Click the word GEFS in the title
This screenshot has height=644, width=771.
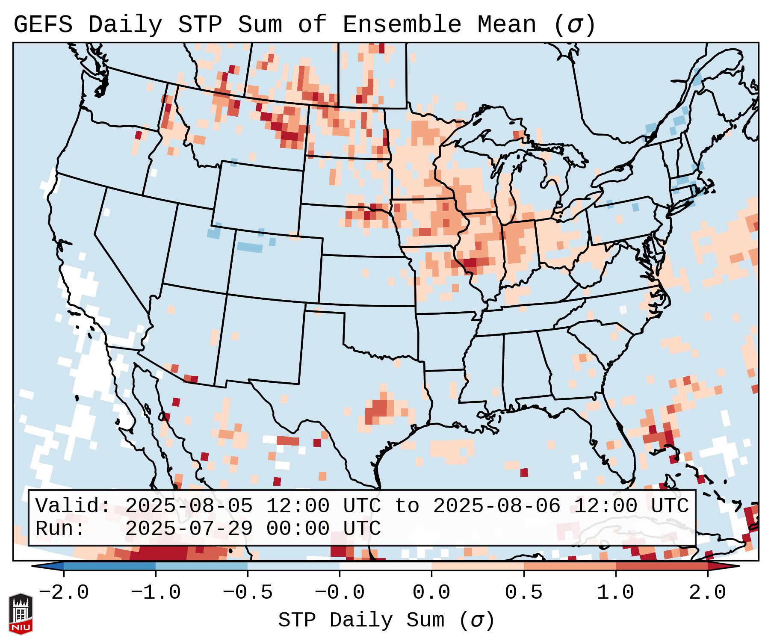tap(43, 25)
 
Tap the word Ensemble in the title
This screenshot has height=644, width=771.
tap(402, 25)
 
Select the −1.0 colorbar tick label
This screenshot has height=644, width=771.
tap(155, 593)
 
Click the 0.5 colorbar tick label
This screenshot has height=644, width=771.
tap(523, 593)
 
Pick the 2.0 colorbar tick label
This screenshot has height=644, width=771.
tap(707, 593)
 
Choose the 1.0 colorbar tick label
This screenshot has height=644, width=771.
tap(615, 593)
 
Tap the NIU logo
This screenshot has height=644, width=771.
tap(21, 614)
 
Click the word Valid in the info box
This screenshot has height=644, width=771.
tap(73, 506)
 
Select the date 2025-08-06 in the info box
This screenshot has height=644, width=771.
tap(496, 506)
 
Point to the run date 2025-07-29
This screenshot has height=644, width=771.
tap(189, 529)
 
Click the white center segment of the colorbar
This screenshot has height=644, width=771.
tap(385, 566)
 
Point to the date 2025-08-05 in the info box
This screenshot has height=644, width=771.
tap(189, 506)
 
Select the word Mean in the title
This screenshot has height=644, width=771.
tap(507, 25)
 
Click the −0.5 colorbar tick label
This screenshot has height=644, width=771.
tap(248, 593)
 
